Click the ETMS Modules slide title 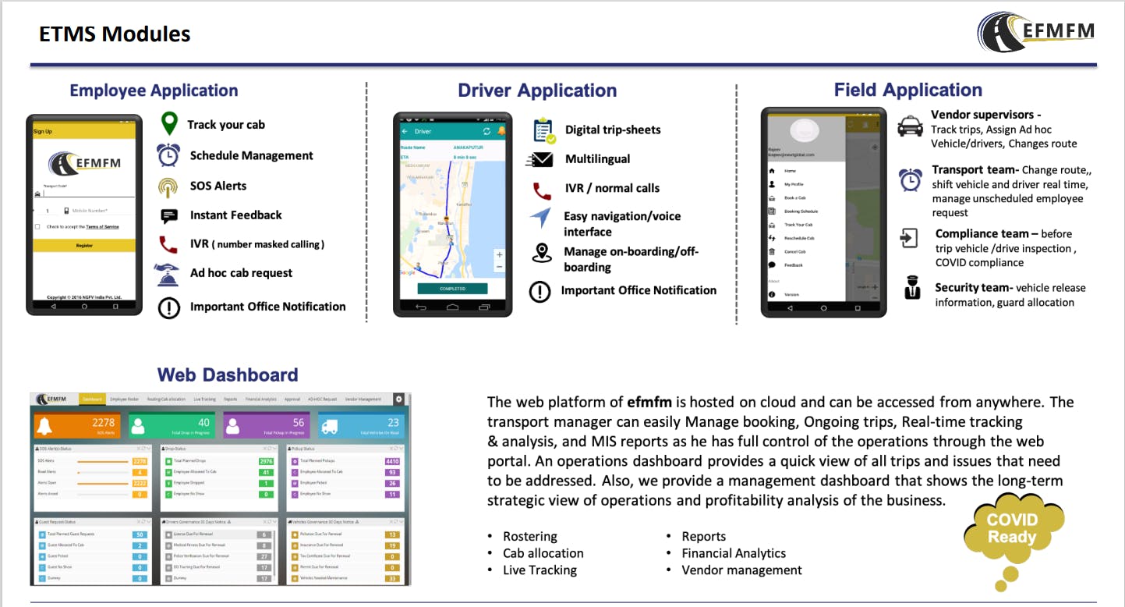point(115,34)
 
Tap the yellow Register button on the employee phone point(84,245)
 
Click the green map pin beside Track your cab point(168,124)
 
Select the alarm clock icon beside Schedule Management point(168,155)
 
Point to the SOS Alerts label point(218,186)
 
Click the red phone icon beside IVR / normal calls point(542,190)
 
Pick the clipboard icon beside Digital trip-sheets point(544,130)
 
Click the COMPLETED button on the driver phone point(452,289)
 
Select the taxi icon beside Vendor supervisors point(910,126)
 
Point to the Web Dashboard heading point(228,375)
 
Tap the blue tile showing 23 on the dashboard point(363,426)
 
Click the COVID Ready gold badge point(1012,529)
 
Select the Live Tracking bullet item point(540,570)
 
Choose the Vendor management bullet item point(741,570)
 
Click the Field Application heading point(907,91)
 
